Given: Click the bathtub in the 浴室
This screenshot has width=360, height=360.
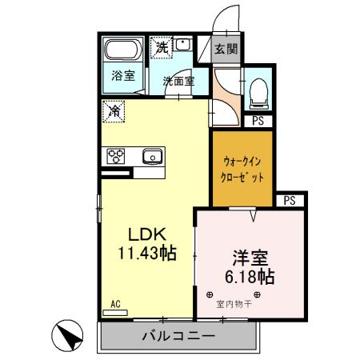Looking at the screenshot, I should tap(123, 51).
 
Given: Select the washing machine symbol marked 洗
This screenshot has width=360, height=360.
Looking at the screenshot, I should tap(162, 47).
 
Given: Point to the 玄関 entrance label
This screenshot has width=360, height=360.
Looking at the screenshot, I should tap(226, 49).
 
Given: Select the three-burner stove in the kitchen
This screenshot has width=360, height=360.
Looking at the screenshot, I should tap(114, 155).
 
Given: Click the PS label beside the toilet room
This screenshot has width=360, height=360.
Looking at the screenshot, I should tap(258, 121).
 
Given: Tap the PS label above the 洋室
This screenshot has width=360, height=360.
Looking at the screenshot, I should tap(289, 200).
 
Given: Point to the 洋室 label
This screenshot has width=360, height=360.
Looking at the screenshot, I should tap(250, 259).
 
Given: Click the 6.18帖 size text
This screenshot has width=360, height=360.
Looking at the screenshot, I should tap(250, 278).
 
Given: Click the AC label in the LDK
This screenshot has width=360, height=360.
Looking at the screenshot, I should tap(115, 303).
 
